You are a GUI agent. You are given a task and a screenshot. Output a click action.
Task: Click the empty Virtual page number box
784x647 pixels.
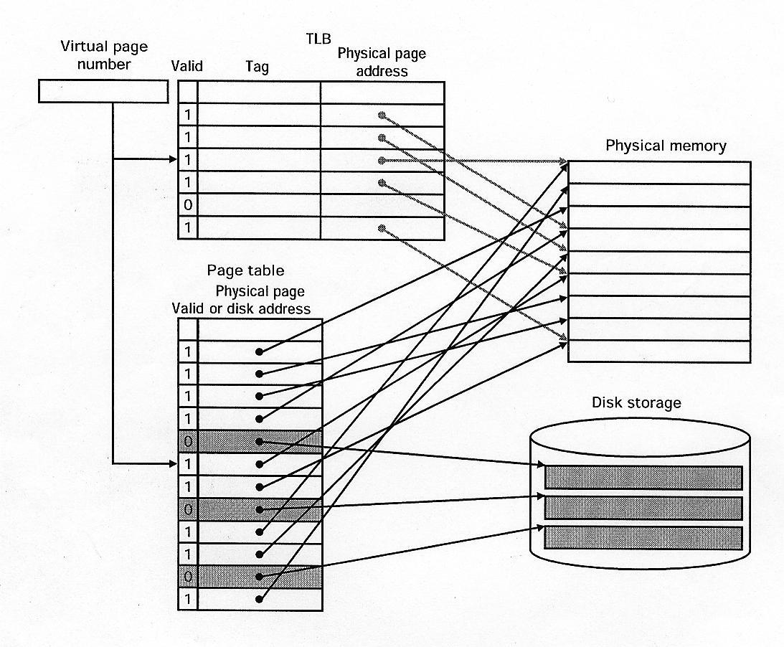coord(103,91)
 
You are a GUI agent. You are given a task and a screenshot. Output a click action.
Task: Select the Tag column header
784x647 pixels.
coord(257,67)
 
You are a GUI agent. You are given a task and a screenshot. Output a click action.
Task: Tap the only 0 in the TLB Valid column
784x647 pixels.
coord(188,205)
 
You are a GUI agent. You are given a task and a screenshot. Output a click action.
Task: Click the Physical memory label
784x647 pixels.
coord(666,146)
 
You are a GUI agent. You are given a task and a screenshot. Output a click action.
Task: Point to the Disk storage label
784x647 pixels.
coord(636,402)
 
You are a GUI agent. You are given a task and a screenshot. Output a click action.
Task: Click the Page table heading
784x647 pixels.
coord(245,270)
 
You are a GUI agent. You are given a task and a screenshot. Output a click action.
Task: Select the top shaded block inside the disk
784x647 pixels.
coord(643,478)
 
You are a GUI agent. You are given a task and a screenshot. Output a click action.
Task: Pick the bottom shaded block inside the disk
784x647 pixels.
coord(643,538)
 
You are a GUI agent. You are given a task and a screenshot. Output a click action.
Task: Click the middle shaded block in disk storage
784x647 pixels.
coord(643,508)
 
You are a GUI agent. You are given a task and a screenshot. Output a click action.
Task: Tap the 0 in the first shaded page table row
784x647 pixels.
coord(188,441)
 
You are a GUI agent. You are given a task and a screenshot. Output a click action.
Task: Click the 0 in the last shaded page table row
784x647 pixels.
coord(188,576)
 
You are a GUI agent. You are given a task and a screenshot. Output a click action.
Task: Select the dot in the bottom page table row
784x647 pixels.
coord(259,599)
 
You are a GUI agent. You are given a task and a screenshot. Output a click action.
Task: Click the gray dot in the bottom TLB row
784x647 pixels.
coord(382,228)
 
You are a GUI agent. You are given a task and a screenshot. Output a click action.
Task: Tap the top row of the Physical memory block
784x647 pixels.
coord(659,172)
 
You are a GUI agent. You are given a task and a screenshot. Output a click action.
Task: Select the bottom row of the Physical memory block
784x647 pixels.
coord(659,351)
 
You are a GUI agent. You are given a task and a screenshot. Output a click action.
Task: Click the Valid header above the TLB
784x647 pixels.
coord(187,66)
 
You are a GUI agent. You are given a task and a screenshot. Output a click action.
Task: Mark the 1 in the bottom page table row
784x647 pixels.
coord(188,599)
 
